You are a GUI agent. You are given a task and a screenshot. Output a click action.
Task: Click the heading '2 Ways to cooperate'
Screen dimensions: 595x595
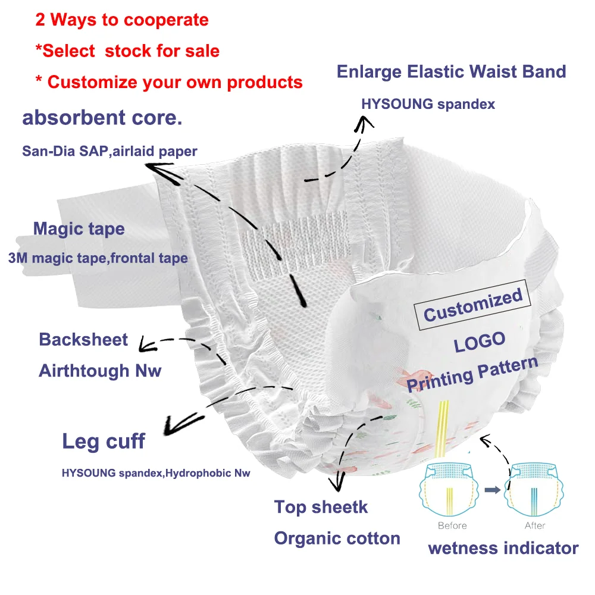click(122, 20)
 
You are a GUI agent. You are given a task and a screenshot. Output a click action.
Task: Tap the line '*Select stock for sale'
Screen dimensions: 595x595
click(127, 51)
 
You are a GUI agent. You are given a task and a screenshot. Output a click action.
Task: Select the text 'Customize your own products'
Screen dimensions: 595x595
click(175, 82)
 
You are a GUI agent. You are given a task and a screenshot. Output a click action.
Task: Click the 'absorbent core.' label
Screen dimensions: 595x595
click(102, 117)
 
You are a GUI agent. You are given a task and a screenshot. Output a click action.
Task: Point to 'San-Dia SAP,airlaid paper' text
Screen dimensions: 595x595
click(109, 151)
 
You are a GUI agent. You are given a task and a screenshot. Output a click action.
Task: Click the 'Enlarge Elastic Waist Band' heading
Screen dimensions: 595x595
click(451, 72)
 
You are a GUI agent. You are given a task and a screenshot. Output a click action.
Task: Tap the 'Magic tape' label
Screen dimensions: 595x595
click(79, 228)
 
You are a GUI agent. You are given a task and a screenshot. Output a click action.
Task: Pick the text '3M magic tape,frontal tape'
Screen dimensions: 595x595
click(98, 258)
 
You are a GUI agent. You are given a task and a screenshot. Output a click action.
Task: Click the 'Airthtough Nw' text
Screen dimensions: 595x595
click(100, 371)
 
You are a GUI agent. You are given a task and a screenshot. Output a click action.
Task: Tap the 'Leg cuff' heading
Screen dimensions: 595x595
click(104, 441)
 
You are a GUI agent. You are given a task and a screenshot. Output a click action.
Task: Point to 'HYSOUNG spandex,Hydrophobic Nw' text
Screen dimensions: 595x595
click(156, 474)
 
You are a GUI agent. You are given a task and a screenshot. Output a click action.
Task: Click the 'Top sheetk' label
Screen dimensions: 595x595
click(321, 507)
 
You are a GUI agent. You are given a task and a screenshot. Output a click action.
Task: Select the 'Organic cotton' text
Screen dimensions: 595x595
click(337, 538)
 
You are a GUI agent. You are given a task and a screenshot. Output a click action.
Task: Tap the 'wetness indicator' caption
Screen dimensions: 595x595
click(503, 548)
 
